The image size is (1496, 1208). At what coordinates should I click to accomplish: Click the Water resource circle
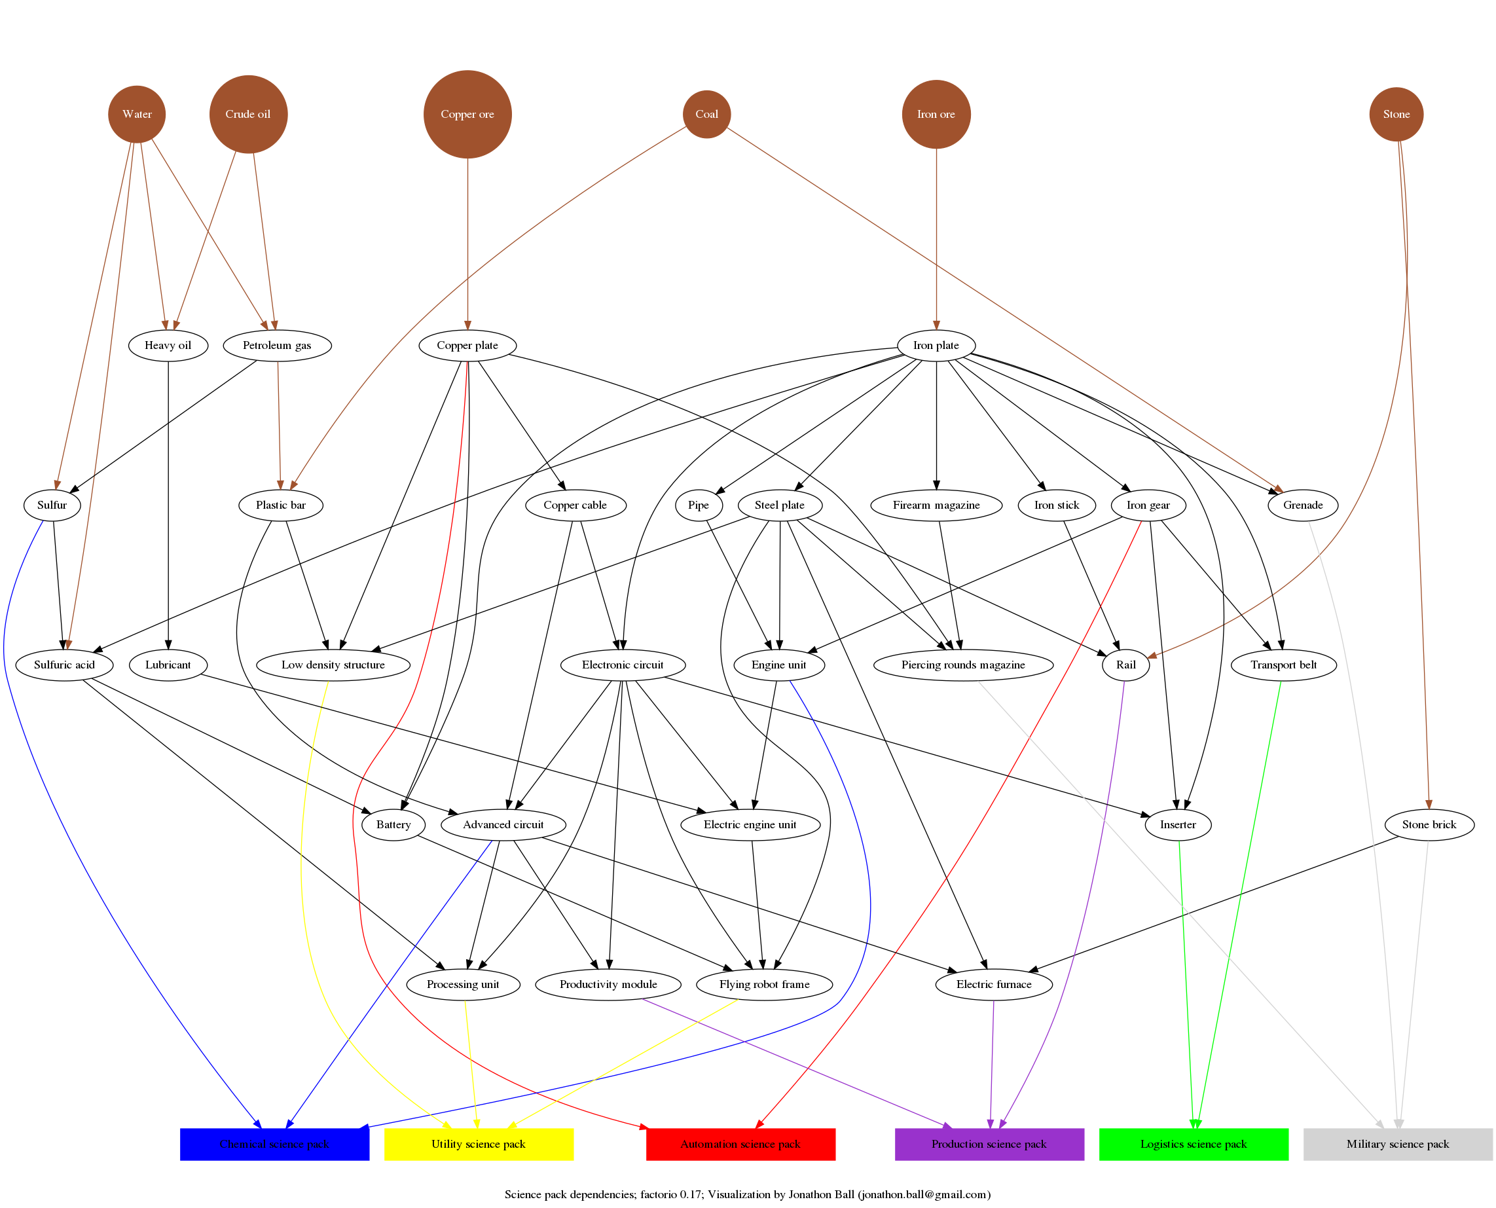(x=136, y=114)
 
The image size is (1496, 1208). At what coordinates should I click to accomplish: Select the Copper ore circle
(x=467, y=114)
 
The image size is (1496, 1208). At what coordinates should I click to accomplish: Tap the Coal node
(x=706, y=114)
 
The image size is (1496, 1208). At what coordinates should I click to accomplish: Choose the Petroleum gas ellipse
(x=276, y=345)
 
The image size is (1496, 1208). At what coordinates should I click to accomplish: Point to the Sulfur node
(x=52, y=505)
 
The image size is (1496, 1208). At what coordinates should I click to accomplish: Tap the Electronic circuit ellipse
(x=622, y=665)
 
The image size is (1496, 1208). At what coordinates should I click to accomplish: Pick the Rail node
(x=1125, y=665)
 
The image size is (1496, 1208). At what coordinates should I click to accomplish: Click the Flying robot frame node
(x=764, y=984)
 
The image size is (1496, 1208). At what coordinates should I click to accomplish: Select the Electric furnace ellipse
(x=993, y=984)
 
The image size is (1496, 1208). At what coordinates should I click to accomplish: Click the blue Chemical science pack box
(x=274, y=1144)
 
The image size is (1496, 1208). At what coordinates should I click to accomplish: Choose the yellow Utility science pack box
(x=478, y=1144)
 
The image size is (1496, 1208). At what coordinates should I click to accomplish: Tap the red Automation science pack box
(x=740, y=1144)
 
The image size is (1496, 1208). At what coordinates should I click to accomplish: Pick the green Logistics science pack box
(x=1193, y=1144)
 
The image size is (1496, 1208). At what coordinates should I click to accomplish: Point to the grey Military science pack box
(x=1396, y=1144)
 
